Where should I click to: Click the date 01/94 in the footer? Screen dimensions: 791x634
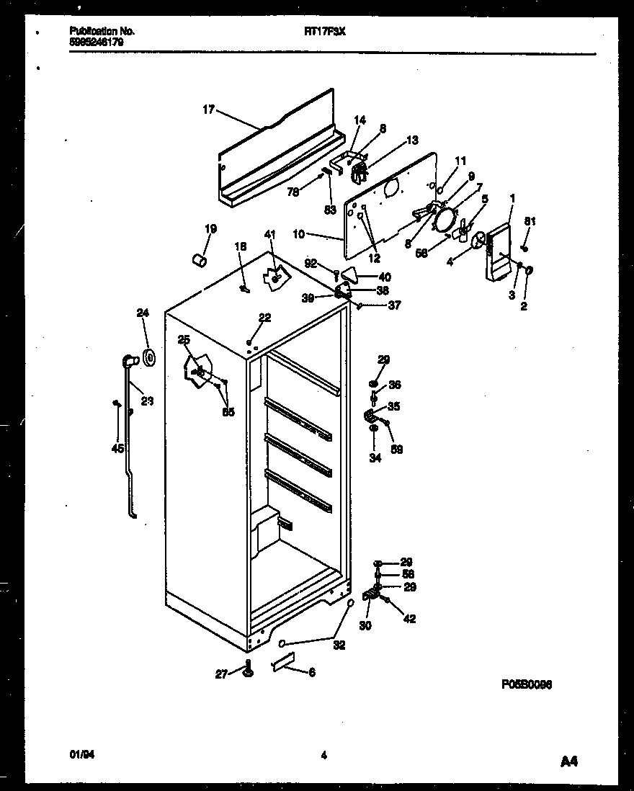(79, 755)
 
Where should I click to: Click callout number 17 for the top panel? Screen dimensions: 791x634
(208, 110)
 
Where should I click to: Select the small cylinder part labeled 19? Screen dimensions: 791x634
(199, 259)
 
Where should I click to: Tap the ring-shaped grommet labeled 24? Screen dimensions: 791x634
(150, 357)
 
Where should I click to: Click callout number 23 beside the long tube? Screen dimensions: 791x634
(147, 401)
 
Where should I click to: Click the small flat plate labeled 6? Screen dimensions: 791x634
(283, 662)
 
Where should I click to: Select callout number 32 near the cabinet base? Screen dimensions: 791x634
(339, 645)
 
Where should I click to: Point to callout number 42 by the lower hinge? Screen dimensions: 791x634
(410, 618)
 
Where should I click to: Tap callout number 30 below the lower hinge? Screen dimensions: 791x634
(365, 626)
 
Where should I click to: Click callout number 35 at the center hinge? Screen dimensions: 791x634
(394, 406)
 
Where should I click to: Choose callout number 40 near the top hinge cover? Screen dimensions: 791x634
(385, 277)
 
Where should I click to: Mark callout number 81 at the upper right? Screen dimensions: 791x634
(530, 222)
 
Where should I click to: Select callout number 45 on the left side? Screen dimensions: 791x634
(117, 447)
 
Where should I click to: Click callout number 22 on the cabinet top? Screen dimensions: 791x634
(265, 318)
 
